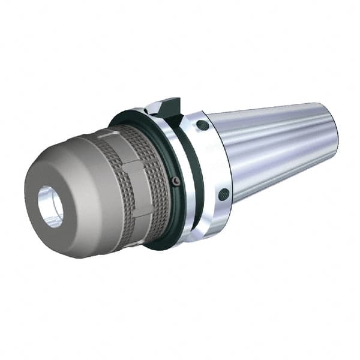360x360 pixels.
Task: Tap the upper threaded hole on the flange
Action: pyautogui.click(x=203, y=126)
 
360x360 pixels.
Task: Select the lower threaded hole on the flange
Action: pyautogui.click(x=223, y=193)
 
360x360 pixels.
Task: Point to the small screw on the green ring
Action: pyautogui.click(x=175, y=181)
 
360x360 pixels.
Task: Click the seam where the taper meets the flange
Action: pyautogui.click(x=230, y=162)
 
